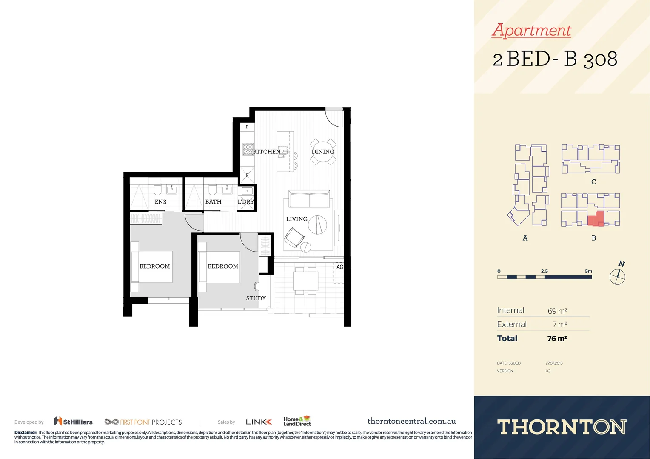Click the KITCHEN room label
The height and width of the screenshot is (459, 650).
tap(267, 152)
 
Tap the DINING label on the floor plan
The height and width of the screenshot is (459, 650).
tap(323, 152)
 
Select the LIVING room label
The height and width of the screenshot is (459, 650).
tap(296, 219)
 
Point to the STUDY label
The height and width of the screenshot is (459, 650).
tap(256, 298)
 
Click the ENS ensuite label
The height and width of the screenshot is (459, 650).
tap(160, 202)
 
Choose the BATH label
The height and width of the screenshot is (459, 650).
tap(213, 202)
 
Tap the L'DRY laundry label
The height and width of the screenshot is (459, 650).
tap(246, 202)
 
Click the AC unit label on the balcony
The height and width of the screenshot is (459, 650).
tap(339, 267)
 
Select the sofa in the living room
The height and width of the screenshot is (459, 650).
tap(309, 199)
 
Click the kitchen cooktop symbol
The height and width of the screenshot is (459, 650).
tap(248, 149)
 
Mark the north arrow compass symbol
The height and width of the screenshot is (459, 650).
tap(618, 277)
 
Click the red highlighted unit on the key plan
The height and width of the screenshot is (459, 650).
tap(596, 218)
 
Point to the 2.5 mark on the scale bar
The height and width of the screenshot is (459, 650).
tap(545, 271)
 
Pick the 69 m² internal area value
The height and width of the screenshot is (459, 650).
tap(557, 311)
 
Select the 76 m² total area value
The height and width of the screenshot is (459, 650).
tap(557, 339)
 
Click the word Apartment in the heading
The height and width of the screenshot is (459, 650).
tap(531, 30)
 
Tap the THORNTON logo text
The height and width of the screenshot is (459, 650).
tap(562, 427)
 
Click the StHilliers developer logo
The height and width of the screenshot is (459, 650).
tap(73, 422)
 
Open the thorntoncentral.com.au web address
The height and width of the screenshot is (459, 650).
tap(411, 421)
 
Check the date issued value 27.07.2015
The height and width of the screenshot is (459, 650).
tap(554, 363)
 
